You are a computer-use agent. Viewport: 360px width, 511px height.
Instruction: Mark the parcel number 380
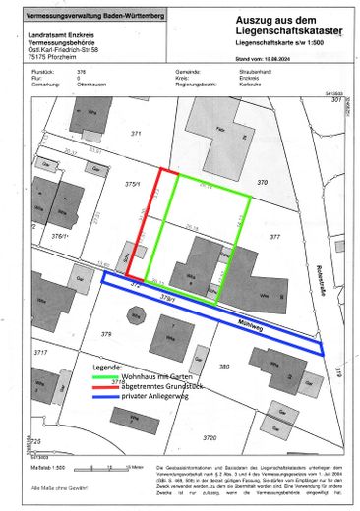tap(223, 366)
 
